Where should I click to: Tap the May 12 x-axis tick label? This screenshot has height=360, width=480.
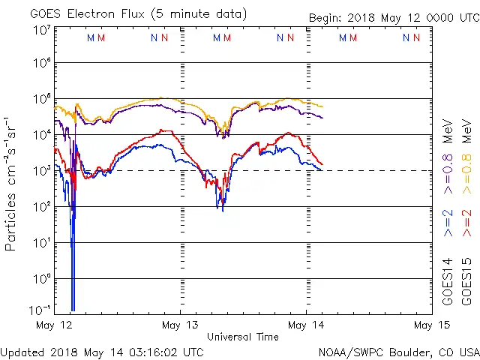(55, 325)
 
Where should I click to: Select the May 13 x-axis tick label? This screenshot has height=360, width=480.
(181, 325)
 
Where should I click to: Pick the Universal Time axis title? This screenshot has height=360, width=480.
(243, 337)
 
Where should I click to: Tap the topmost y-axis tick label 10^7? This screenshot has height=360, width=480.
(41, 30)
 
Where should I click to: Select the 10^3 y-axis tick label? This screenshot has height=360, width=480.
(41, 171)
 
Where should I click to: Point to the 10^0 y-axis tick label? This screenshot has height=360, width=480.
(41, 279)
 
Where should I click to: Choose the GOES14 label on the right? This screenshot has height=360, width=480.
(448, 281)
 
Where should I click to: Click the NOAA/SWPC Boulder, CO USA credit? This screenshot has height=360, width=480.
(398, 351)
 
